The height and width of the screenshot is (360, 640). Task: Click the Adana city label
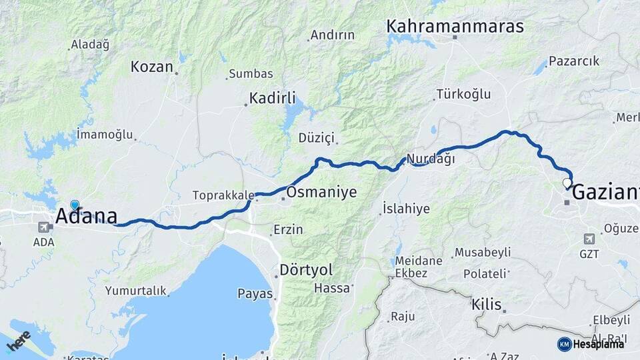(87, 216)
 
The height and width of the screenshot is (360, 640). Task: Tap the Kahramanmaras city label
(455, 27)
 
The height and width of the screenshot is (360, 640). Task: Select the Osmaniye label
(321, 193)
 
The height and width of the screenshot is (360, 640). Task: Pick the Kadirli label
(272, 98)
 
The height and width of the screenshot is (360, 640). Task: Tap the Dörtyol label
(306, 270)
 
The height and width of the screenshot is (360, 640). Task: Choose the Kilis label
(486, 304)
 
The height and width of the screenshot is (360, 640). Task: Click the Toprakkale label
(223, 195)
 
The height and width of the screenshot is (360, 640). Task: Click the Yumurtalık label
(135, 291)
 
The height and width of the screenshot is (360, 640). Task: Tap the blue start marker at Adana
(75, 205)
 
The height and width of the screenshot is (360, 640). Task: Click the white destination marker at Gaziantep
(567, 183)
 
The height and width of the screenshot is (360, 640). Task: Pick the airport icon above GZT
(589, 239)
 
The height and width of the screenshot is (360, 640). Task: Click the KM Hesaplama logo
(591, 344)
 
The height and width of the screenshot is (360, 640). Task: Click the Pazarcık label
(574, 61)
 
